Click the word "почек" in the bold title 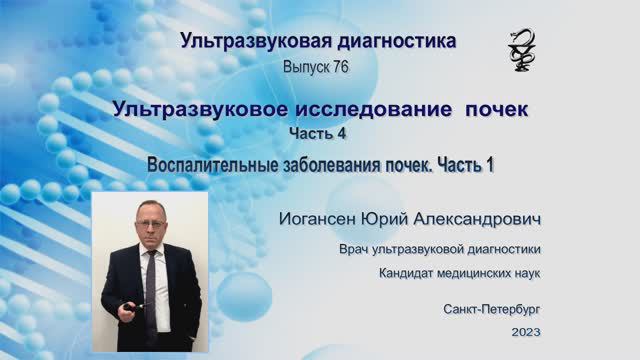tap(493, 109)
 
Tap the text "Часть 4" tap(318, 133)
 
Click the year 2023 tap(525, 331)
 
